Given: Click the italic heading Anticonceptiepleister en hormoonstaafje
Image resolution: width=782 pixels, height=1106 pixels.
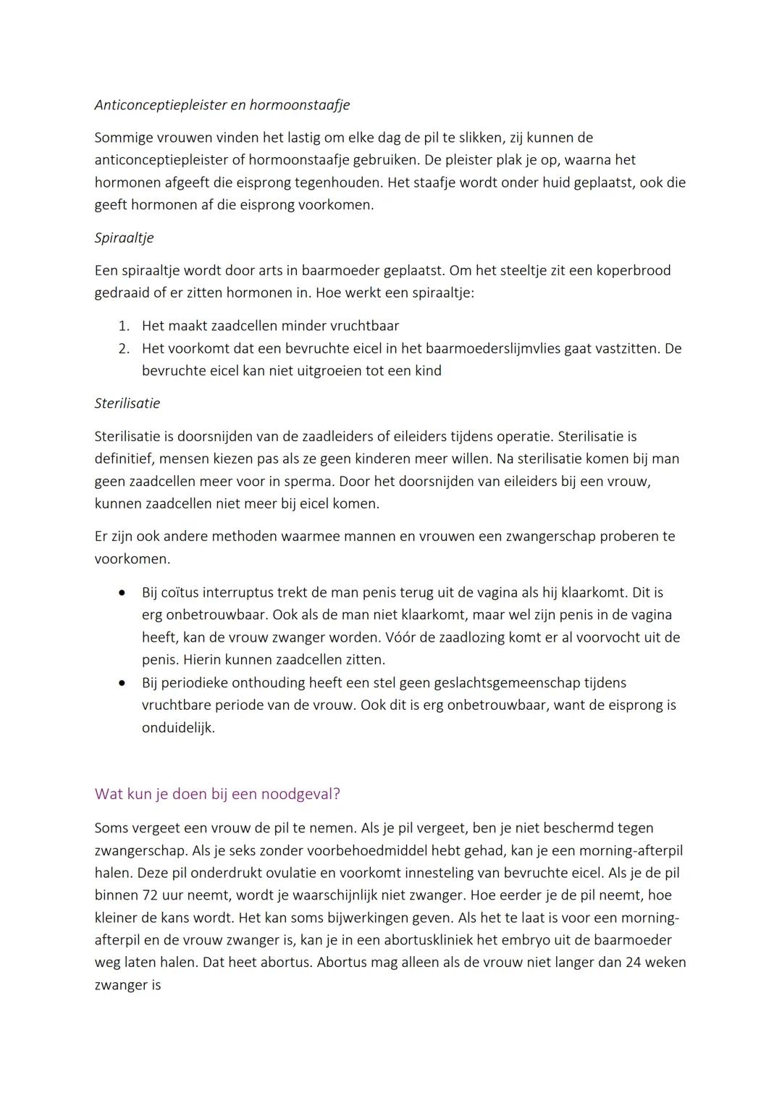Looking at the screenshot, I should coord(222,105).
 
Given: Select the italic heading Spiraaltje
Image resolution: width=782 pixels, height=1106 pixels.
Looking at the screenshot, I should coord(124,238).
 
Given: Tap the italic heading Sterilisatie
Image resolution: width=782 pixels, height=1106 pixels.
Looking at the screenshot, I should coord(127,403).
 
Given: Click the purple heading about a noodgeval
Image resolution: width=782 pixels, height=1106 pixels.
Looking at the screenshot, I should coord(217,794).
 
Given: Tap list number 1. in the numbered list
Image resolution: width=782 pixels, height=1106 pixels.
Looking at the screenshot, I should coord(124,327).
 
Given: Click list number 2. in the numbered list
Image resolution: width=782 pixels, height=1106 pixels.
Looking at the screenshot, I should coord(124,349).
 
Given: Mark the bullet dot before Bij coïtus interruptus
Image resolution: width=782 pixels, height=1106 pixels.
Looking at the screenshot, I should coord(124,593).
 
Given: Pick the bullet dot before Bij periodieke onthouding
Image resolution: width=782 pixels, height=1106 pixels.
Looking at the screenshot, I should coord(124,683).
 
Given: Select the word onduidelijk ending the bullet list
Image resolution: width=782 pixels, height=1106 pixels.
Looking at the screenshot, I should coord(177,728).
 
